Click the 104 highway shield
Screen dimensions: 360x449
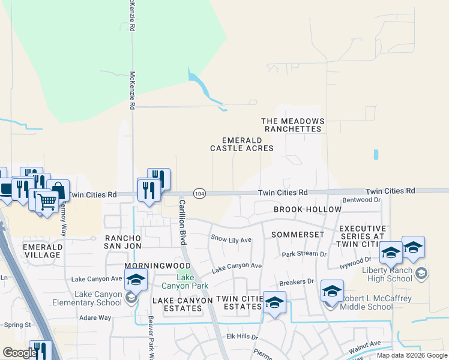coord(200,193)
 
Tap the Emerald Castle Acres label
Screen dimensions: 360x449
coord(242,143)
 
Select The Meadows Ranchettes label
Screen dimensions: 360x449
coord(292,125)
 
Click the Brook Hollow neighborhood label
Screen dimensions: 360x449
coord(307,209)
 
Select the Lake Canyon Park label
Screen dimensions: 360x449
coord(185,281)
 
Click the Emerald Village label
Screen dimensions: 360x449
coord(42,251)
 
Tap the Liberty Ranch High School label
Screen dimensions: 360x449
coord(391,274)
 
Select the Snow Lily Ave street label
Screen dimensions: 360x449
coord(231,239)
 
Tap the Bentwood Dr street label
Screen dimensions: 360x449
coord(361,200)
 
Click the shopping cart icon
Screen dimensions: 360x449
coord(47,203)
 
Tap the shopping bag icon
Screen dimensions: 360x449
coord(58,190)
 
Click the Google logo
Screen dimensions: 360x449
coord(20,353)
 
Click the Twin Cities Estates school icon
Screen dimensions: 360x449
coord(275,302)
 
